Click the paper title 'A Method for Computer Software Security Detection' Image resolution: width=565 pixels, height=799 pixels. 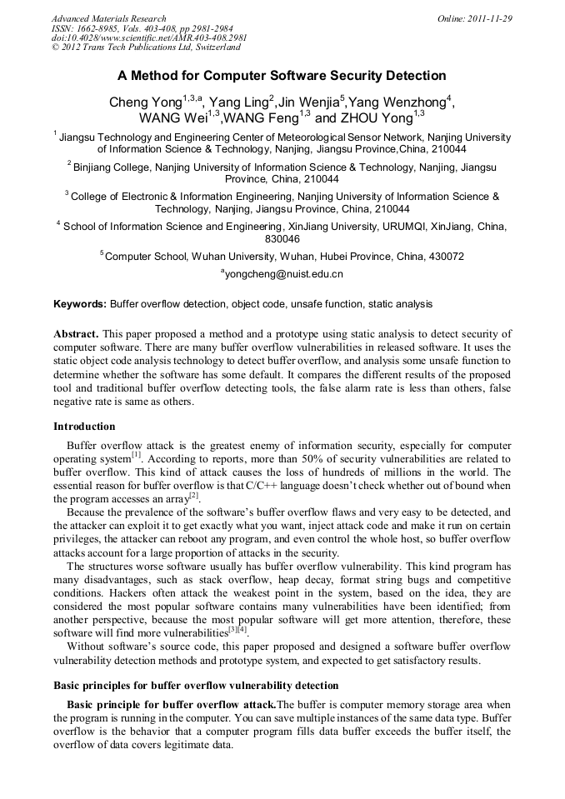282,76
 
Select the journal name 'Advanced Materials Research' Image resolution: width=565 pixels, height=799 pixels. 108,18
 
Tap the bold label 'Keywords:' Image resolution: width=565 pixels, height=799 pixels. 80,304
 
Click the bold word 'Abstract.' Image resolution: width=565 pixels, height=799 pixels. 77,333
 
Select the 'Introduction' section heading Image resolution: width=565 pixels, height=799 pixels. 84,427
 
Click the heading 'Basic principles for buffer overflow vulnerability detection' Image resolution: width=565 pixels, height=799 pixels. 196,686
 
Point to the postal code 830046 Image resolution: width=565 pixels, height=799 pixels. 282,239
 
